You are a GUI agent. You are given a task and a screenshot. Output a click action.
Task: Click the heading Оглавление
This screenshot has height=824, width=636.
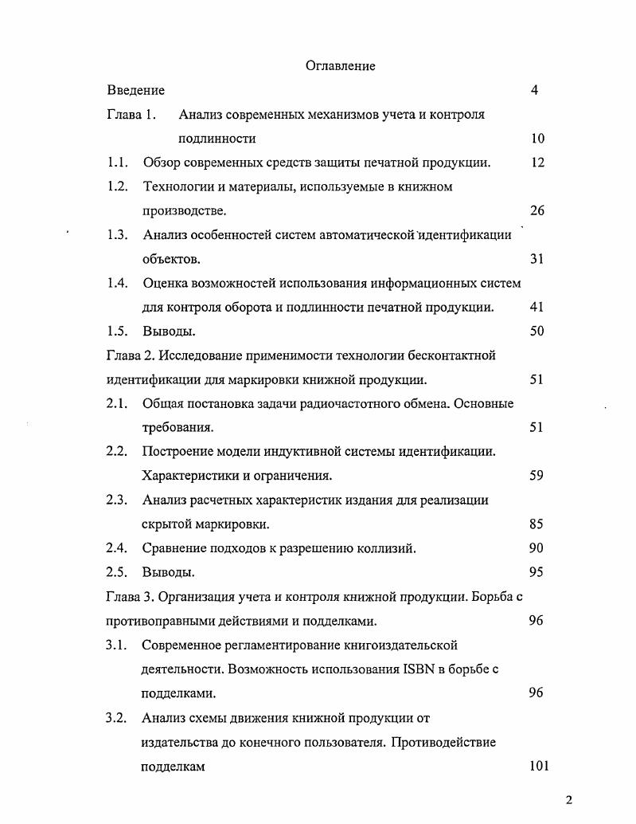(x=340, y=66)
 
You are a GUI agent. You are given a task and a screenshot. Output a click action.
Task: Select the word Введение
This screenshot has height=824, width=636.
(x=135, y=91)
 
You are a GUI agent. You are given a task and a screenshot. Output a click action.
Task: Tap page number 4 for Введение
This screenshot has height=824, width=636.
(x=534, y=91)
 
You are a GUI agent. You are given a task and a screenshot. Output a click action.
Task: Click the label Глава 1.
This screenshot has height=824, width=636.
(x=131, y=115)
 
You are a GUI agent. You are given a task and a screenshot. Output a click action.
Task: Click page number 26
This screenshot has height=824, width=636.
(x=537, y=211)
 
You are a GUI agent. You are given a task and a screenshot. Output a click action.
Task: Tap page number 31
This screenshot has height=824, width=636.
(x=537, y=259)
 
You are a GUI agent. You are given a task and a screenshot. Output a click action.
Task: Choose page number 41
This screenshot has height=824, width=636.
(x=537, y=307)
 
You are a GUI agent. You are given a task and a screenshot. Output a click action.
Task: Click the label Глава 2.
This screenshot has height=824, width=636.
(x=131, y=355)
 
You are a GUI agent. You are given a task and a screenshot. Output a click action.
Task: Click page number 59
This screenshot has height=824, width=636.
(x=537, y=476)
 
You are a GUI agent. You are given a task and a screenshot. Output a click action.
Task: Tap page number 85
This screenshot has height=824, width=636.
(x=537, y=524)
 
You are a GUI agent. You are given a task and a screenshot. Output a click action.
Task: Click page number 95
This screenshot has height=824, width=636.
(x=537, y=572)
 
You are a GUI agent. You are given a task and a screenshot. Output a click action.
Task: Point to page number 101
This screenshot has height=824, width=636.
(x=539, y=766)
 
